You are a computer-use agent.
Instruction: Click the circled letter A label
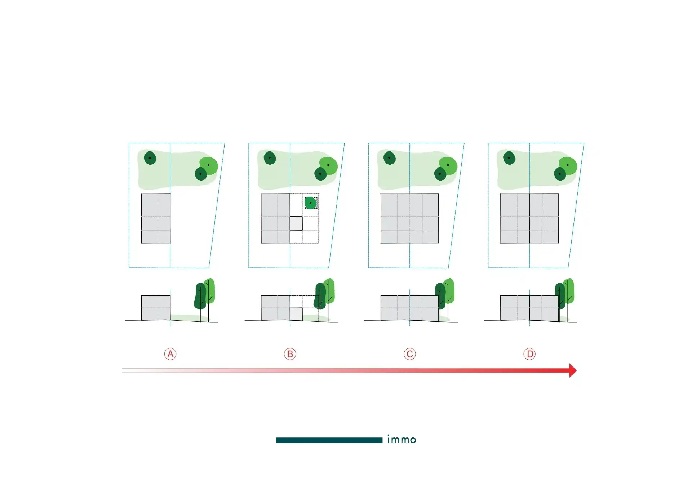tap(170, 354)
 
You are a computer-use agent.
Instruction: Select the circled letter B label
tap(290, 354)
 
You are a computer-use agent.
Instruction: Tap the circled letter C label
tap(410, 354)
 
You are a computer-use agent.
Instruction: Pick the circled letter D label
tap(529, 354)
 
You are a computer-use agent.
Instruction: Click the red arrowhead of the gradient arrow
tap(573, 370)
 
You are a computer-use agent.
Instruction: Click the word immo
tap(402, 439)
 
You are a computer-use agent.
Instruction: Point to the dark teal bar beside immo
tap(329, 440)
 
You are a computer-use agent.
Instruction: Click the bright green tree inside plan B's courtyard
tap(310, 203)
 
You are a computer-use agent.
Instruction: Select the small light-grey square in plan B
tap(296, 223)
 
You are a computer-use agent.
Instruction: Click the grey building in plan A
tap(156, 218)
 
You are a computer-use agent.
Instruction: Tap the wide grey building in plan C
tap(410, 218)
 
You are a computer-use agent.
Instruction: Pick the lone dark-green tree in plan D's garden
tap(509, 158)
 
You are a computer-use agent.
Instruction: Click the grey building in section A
tap(156, 308)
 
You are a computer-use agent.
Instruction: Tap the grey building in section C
tap(410, 308)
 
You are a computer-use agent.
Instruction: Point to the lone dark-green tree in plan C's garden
tap(389, 158)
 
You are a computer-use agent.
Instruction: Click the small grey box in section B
tap(296, 314)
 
